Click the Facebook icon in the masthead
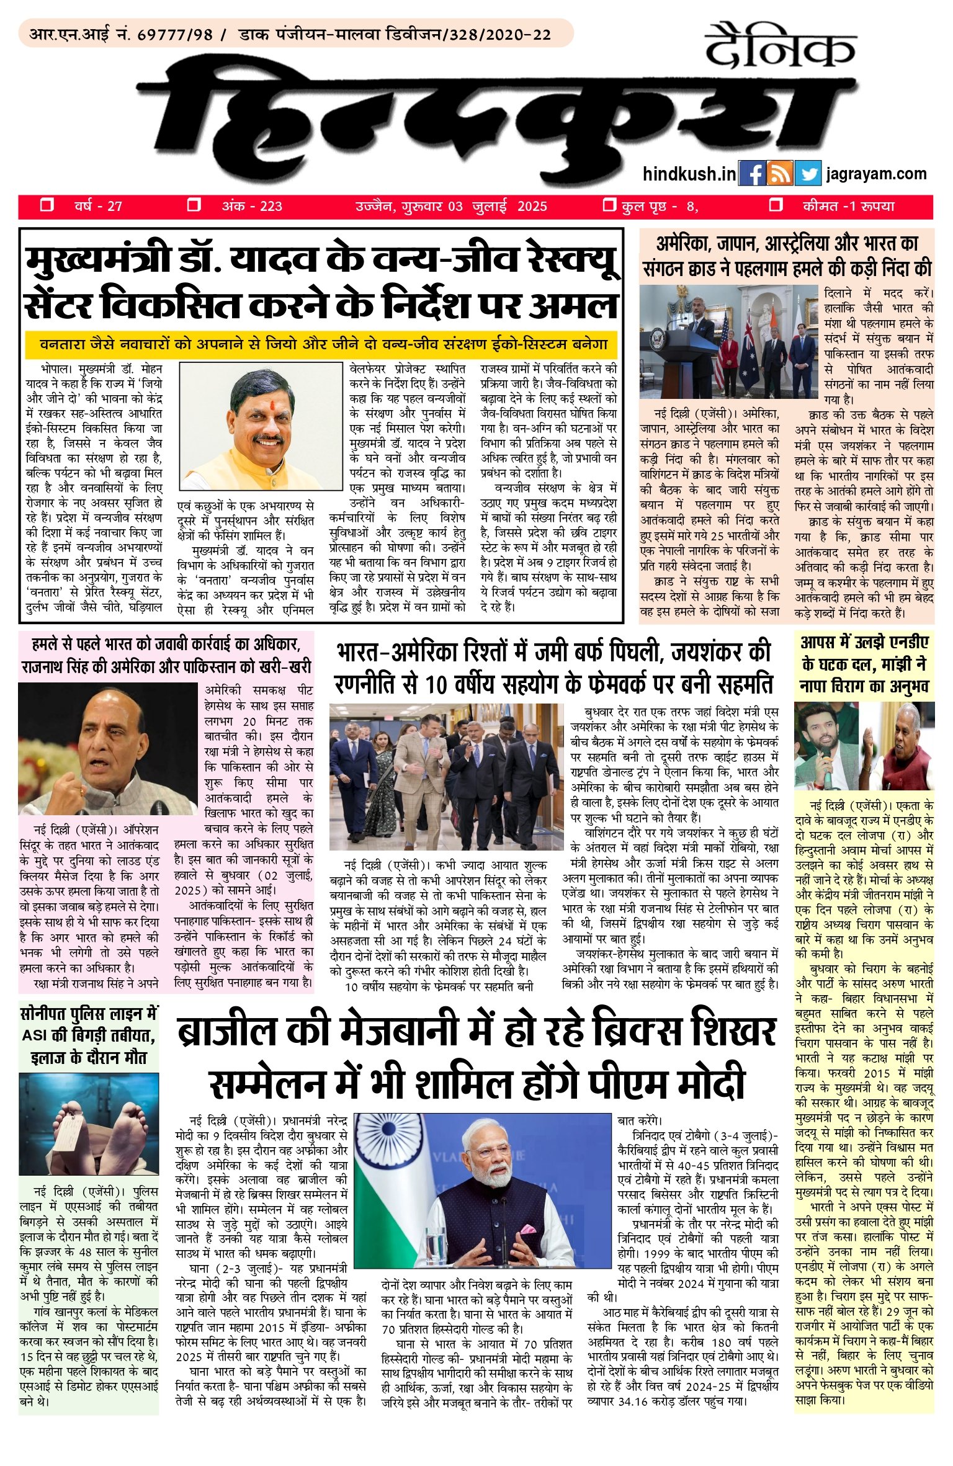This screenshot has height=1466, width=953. click(x=753, y=174)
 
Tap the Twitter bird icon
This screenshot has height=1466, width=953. click(x=807, y=174)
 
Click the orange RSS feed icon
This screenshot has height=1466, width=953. click(x=780, y=174)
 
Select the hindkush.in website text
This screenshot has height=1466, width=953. click(x=689, y=174)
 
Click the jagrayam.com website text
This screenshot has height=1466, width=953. click(x=877, y=174)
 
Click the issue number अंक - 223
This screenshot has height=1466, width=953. click(x=251, y=206)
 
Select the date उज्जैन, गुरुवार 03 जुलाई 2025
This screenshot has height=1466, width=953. click(x=451, y=206)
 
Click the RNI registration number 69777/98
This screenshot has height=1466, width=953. click(x=175, y=35)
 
